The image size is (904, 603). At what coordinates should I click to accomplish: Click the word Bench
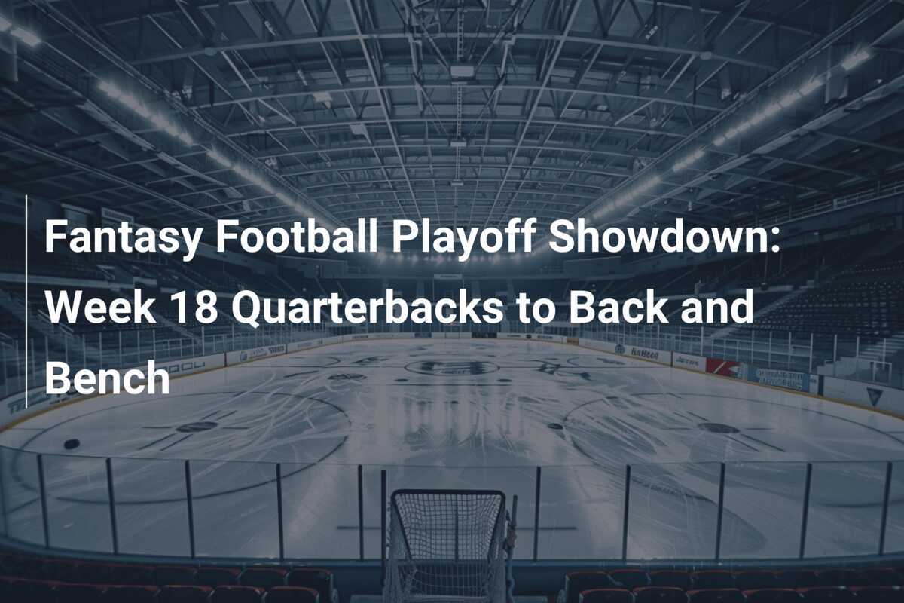click(x=107, y=379)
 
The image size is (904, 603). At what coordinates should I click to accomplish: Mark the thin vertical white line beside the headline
click(x=26, y=301)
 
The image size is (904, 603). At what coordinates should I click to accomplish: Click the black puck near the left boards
click(x=72, y=444)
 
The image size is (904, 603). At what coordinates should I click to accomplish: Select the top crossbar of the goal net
click(x=447, y=494)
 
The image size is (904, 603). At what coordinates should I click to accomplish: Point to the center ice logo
click(x=451, y=367)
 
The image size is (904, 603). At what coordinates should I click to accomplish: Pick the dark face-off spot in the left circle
click(x=197, y=427)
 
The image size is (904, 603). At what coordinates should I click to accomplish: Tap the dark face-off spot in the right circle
click(x=718, y=427)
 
